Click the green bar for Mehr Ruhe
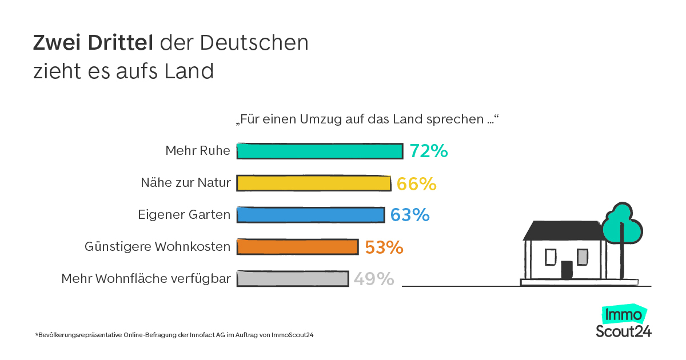[x=320, y=151]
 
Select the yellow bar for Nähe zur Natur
[x=314, y=183]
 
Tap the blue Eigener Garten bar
[x=310, y=215]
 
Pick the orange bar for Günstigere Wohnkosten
[x=297, y=246]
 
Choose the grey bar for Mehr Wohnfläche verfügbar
[x=292, y=278]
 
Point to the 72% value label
[x=428, y=151]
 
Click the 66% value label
[x=417, y=183]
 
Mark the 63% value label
[x=410, y=215]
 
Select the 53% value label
[x=384, y=247]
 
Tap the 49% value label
[x=374, y=279]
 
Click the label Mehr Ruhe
[x=198, y=151]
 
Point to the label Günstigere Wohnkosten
[x=157, y=247]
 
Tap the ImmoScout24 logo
[x=624, y=322]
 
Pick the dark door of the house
[x=567, y=270]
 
